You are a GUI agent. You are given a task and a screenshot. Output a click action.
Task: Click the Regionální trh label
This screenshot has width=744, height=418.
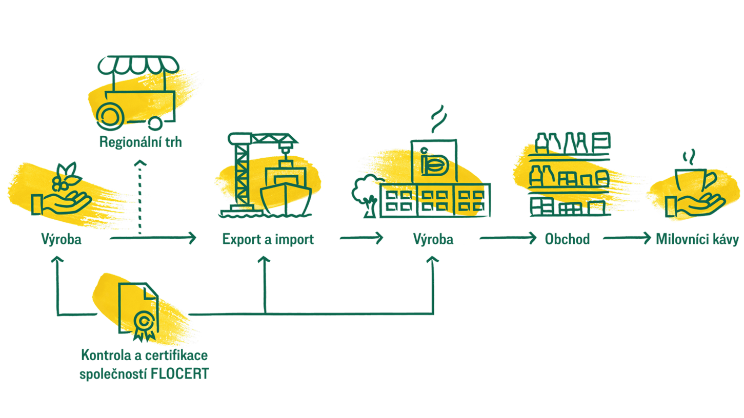click(x=140, y=142)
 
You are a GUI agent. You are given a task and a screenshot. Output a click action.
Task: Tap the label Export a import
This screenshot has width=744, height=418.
click(x=268, y=239)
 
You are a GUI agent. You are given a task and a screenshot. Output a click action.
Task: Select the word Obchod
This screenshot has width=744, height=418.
click(x=567, y=239)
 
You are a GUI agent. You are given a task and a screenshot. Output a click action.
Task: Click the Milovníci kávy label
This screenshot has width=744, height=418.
click(x=697, y=239)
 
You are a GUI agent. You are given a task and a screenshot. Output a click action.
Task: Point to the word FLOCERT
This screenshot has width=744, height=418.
click(x=179, y=373)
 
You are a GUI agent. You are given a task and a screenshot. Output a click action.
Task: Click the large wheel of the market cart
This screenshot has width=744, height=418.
click(x=110, y=116)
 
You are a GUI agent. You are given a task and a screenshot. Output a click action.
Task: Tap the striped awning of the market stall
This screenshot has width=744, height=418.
click(x=138, y=65)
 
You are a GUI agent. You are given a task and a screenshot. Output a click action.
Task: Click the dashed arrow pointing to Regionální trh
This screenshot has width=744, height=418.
click(x=140, y=197)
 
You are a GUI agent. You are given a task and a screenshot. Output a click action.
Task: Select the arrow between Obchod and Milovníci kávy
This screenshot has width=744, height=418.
click(x=627, y=238)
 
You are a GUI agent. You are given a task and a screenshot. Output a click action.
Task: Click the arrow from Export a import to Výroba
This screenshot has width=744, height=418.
click(x=361, y=238)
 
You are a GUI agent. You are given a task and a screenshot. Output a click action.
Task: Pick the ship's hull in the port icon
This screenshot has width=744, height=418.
click(x=286, y=199)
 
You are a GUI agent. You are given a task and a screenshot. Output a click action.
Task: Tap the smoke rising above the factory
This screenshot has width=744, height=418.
click(x=439, y=119)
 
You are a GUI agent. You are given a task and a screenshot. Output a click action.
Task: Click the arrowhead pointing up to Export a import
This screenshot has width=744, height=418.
click(x=265, y=260)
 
